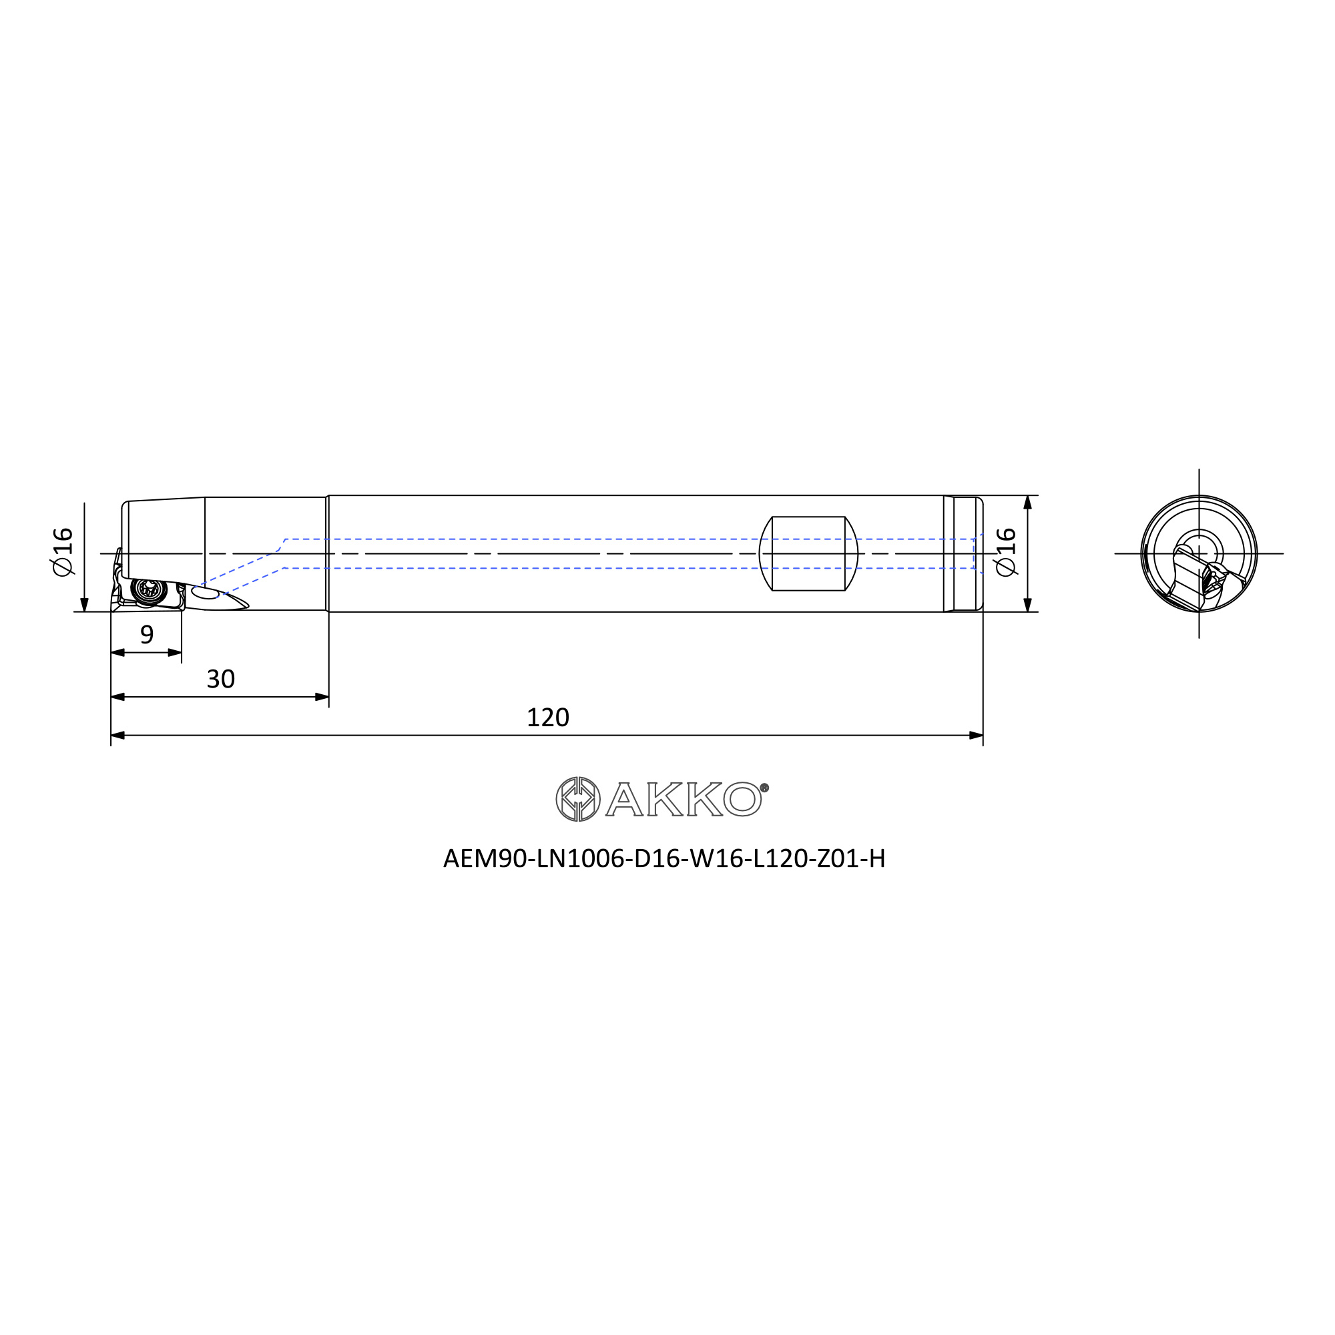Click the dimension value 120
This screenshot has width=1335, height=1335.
pyautogui.click(x=548, y=718)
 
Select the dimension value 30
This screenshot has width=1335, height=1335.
pyautogui.click(x=221, y=680)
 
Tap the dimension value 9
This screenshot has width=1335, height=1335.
pyautogui.click(x=147, y=634)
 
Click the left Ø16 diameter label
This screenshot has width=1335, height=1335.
pyautogui.click(x=62, y=551)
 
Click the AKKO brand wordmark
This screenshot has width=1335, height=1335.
pyautogui.click(x=684, y=799)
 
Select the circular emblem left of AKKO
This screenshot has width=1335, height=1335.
pyautogui.click(x=577, y=799)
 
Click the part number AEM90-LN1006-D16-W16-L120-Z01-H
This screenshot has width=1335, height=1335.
pyautogui.click(x=664, y=859)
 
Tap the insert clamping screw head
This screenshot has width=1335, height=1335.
pyautogui.click(x=149, y=589)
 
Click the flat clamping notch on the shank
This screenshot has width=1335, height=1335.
pyautogui.click(x=808, y=553)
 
